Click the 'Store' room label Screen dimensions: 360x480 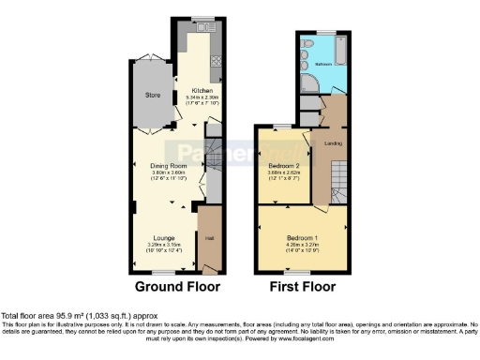(x=153, y=95)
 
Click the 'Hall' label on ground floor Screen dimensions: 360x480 (x=210, y=225)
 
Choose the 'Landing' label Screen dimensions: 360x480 (x=333, y=143)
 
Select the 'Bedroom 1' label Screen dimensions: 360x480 (x=301, y=238)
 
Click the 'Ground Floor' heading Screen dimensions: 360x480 (x=172, y=286)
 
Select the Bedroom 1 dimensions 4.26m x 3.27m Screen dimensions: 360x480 (x=301, y=245)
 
